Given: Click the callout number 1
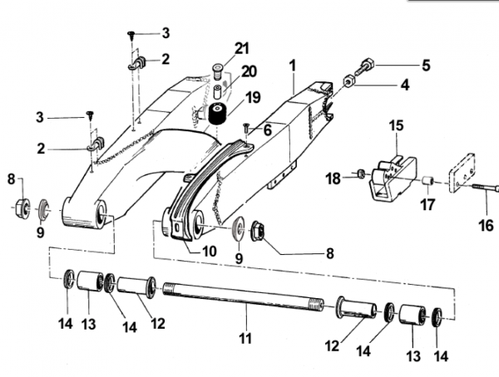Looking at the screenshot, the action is pyautogui.click(x=293, y=66).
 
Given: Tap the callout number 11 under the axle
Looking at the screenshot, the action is pyautogui.click(x=245, y=339).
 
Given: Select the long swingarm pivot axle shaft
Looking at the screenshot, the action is pyautogui.click(x=244, y=296).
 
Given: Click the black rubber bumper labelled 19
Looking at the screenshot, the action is pyautogui.click(x=217, y=114).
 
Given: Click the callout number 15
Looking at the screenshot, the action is pyautogui.click(x=396, y=125).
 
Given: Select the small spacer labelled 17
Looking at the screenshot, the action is pyautogui.click(x=427, y=182).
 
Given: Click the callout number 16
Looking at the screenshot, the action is pyautogui.click(x=486, y=225).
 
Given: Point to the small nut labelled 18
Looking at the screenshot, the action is pyautogui.click(x=361, y=174).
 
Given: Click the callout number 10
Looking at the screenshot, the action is pyautogui.click(x=209, y=251).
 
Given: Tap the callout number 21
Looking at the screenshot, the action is pyautogui.click(x=242, y=49).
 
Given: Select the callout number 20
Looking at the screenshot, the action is pyautogui.click(x=249, y=71).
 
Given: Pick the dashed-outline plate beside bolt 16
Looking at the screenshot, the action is pyautogui.click(x=462, y=173).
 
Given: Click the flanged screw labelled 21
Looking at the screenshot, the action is pyautogui.click(x=217, y=71).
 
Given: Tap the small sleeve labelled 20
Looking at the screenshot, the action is pyautogui.click(x=218, y=91).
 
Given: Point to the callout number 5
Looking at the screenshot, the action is pyautogui.click(x=426, y=66).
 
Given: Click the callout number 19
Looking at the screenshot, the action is pyautogui.click(x=254, y=98).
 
